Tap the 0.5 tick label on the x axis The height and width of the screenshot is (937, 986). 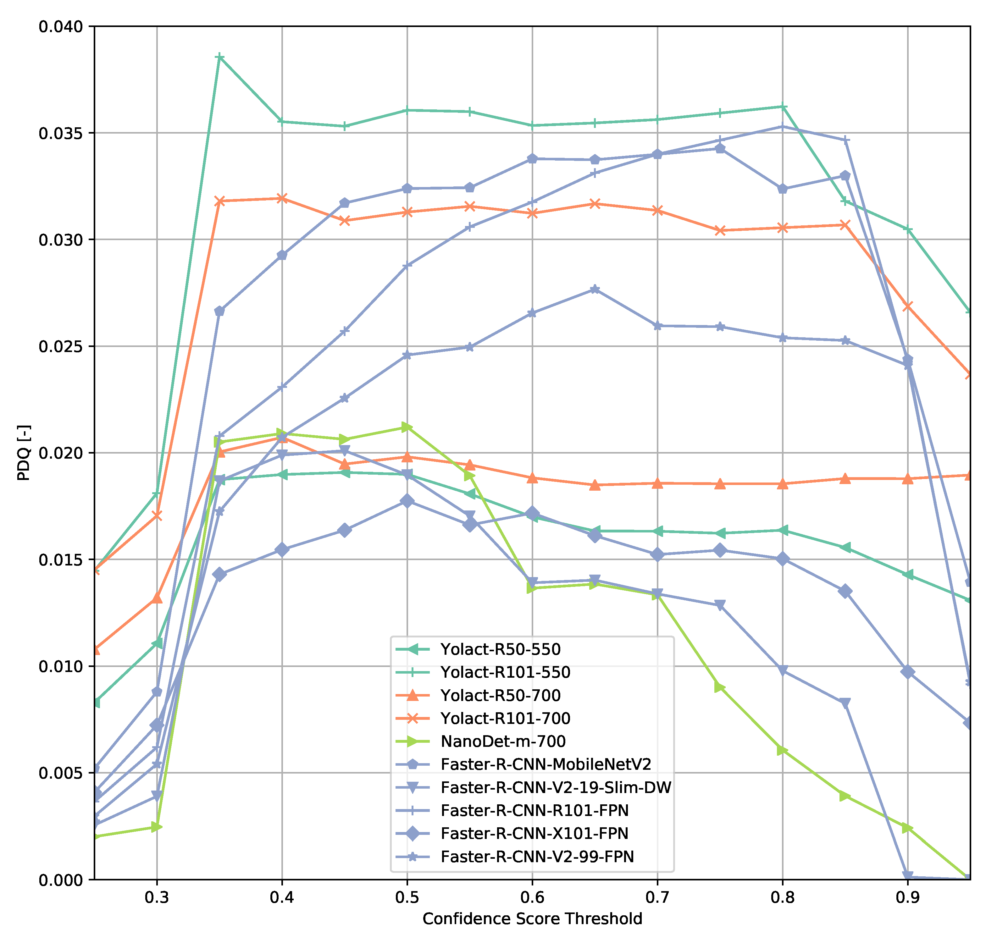point(407,897)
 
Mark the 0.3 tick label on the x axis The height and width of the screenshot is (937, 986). point(157,897)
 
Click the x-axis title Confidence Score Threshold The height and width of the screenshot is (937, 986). point(532,919)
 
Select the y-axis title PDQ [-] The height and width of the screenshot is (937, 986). point(24,453)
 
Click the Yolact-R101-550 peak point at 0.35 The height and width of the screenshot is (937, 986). point(219,58)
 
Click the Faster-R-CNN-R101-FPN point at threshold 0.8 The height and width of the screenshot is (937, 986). point(782,126)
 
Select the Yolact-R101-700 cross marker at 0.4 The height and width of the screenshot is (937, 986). point(282,198)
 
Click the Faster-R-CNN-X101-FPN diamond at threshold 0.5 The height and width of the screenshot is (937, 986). point(407,501)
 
